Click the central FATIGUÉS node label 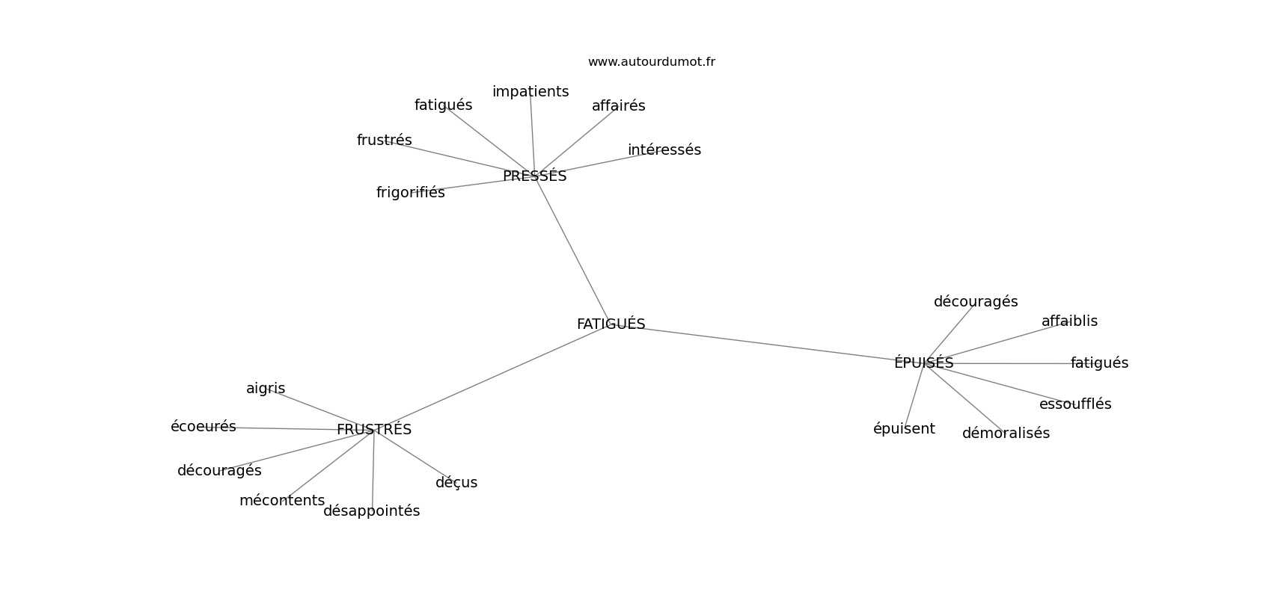pyautogui.click(x=611, y=324)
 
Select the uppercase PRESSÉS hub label pyautogui.click(x=534, y=176)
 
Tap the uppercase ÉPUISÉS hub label pyautogui.click(x=924, y=363)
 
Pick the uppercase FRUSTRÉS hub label pyautogui.click(x=374, y=429)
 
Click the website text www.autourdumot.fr pyautogui.click(x=651, y=62)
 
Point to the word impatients pyautogui.click(x=530, y=91)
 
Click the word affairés pyautogui.click(x=618, y=105)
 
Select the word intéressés pyautogui.click(x=664, y=149)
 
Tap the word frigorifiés pyautogui.click(x=411, y=192)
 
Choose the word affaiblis pyautogui.click(x=1069, y=321)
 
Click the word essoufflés pyautogui.click(x=1075, y=404)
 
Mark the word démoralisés pyautogui.click(x=1006, y=433)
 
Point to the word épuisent pyautogui.click(x=904, y=429)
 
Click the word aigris pyautogui.click(x=266, y=389)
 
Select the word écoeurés pyautogui.click(x=204, y=426)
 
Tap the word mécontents pyautogui.click(x=282, y=500)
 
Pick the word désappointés pyautogui.click(x=371, y=511)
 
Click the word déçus pyautogui.click(x=456, y=482)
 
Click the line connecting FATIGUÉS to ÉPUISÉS pyautogui.click(x=767, y=343)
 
